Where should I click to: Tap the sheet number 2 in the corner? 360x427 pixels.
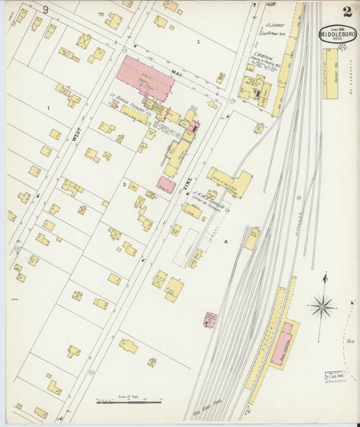(x=346, y=11)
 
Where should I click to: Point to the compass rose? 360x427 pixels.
(x=322, y=307)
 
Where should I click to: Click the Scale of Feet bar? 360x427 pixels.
(x=128, y=402)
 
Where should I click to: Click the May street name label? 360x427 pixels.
(x=176, y=74)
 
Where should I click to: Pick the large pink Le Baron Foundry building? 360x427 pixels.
(x=145, y=76)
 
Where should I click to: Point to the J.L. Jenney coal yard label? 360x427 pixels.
(x=274, y=27)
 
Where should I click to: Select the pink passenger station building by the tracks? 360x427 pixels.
(x=282, y=344)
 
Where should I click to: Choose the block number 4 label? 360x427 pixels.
(x=226, y=241)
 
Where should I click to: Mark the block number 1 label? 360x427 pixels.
(x=48, y=107)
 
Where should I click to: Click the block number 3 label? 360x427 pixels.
(x=124, y=184)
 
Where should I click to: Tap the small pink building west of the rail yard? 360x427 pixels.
(x=210, y=319)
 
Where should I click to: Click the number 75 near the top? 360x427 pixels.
(x=101, y=14)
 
